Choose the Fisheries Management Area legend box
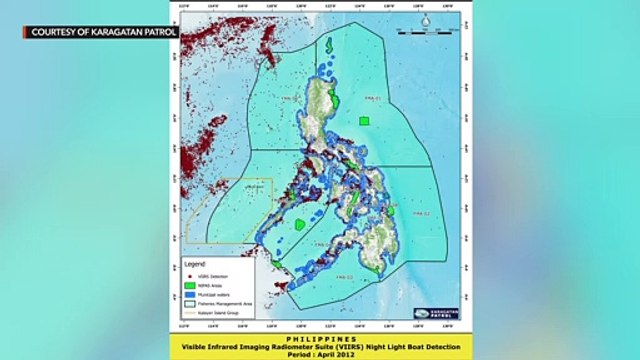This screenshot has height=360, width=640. pyautogui.click(x=190, y=304)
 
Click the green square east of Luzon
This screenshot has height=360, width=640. pyautogui.click(x=364, y=119)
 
